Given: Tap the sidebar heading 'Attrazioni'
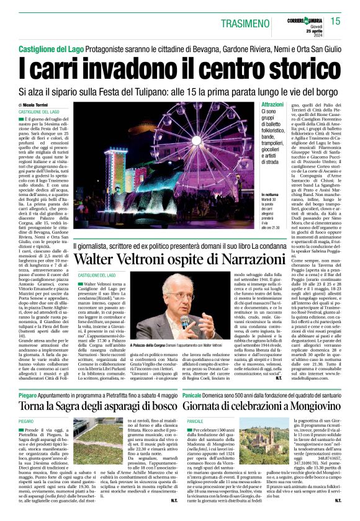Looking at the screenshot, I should point(254,104).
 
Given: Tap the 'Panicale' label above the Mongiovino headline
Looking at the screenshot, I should point(199,377).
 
